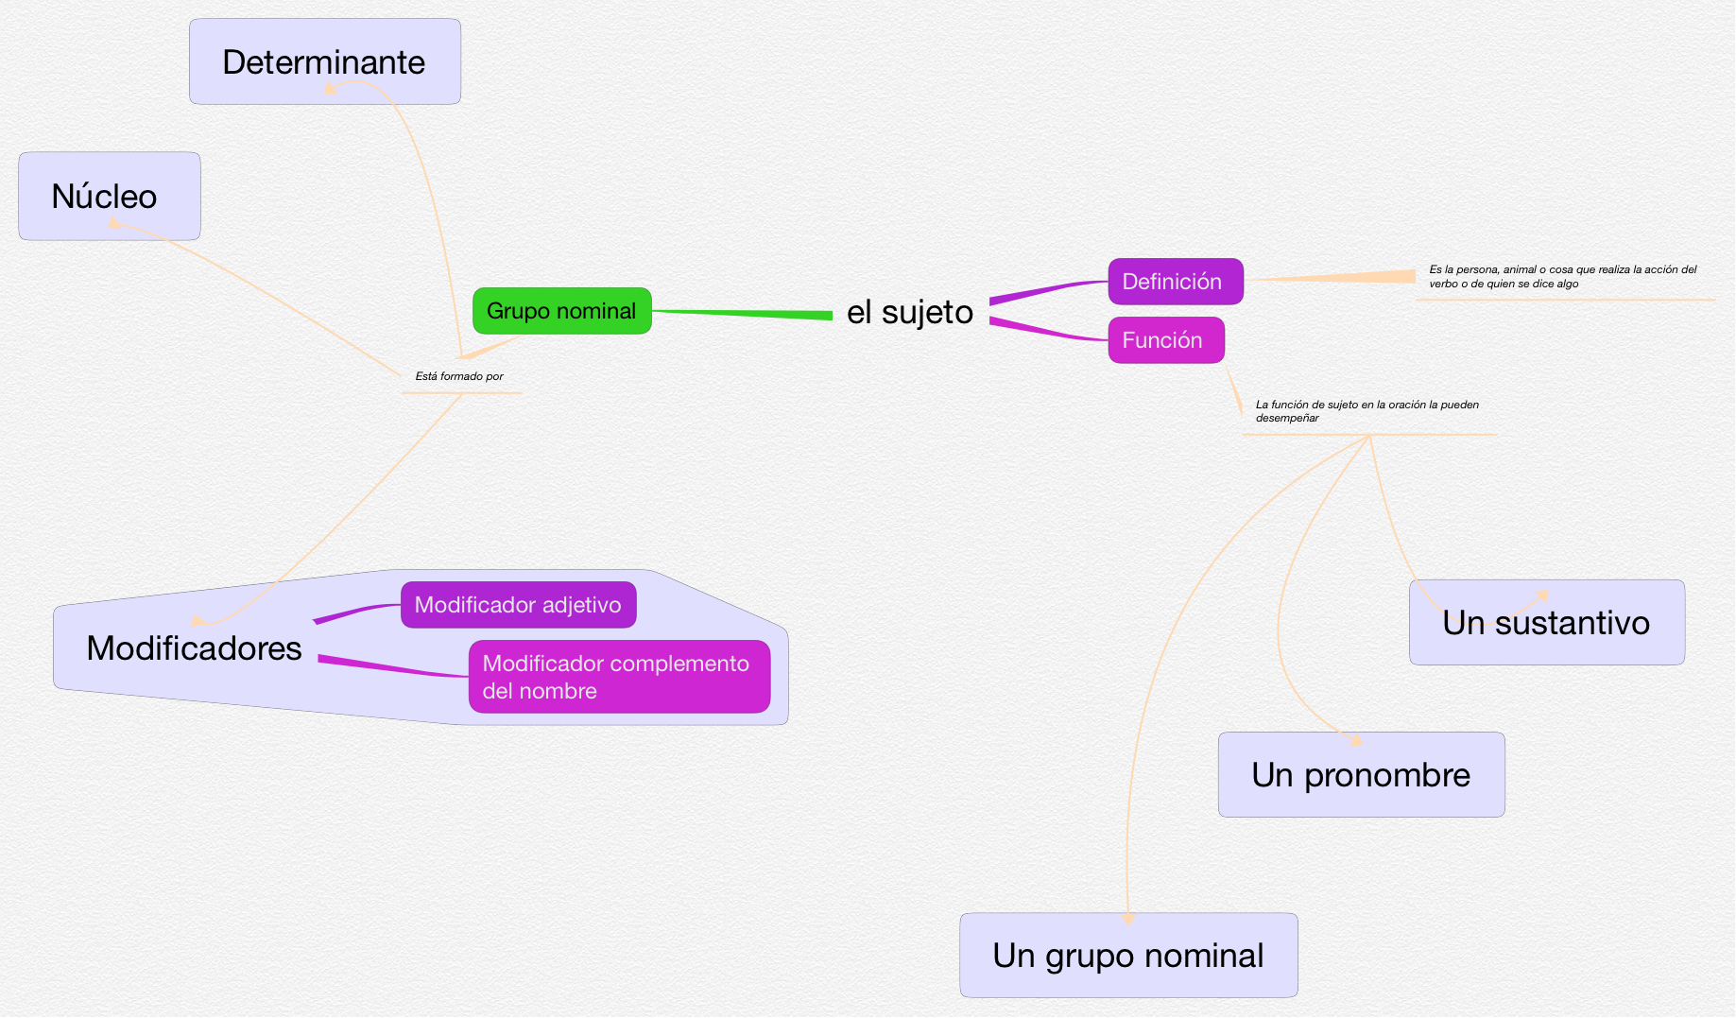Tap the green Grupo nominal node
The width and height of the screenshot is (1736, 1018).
(x=561, y=311)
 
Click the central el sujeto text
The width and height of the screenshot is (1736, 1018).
(x=909, y=312)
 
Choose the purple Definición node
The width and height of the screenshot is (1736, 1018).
(x=1175, y=282)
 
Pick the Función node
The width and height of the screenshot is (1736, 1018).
(x=1165, y=340)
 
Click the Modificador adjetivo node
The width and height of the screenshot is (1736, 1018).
(x=518, y=605)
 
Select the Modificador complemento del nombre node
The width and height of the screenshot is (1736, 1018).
(x=619, y=677)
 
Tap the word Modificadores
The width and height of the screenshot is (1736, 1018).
(x=194, y=648)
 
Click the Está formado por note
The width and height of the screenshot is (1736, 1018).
(x=459, y=376)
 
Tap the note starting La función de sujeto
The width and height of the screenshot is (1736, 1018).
(x=1366, y=411)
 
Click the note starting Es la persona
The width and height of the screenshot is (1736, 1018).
(x=1562, y=276)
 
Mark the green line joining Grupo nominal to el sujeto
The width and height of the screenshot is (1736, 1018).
(x=742, y=313)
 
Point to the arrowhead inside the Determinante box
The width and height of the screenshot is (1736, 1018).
(x=331, y=89)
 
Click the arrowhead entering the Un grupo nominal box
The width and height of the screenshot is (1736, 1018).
(x=1128, y=918)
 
